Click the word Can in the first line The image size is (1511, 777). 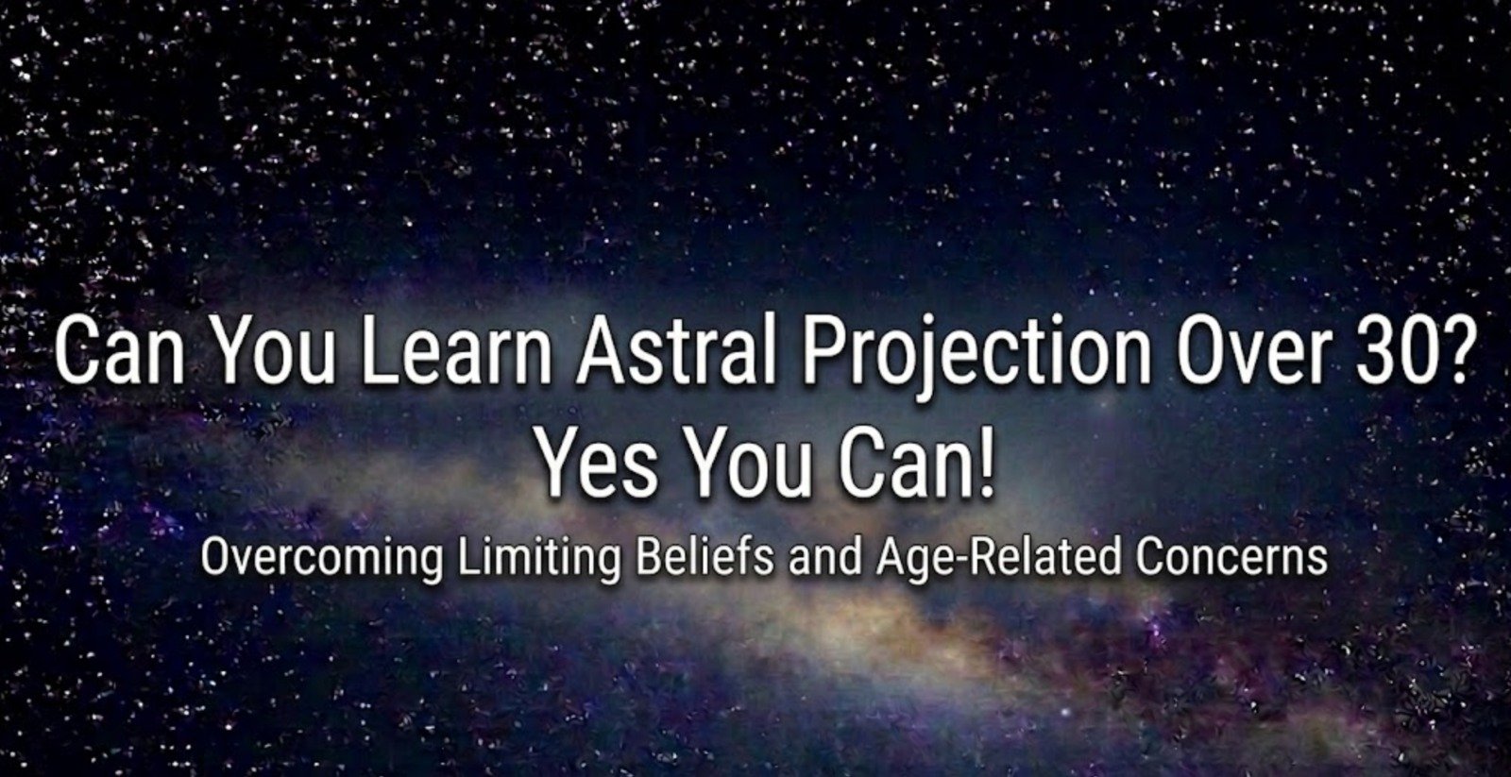[x=121, y=351]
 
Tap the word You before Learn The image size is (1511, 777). [x=273, y=351]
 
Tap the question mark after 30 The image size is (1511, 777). [x=1452, y=351]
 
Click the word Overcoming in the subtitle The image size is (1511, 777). [x=321, y=557]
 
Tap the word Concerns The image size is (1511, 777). [x=1231, y=557]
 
